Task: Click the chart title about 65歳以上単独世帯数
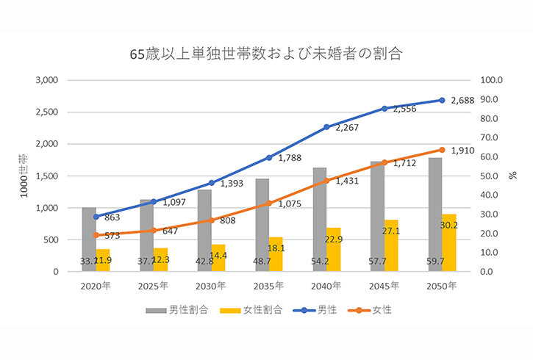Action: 266,53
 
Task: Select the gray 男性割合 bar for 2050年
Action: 436,213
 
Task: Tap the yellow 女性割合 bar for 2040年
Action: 334,250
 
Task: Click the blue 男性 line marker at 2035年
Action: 269,157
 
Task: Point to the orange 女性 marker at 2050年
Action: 442,150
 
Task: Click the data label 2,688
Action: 462,100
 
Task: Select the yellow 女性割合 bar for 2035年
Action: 276,253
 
